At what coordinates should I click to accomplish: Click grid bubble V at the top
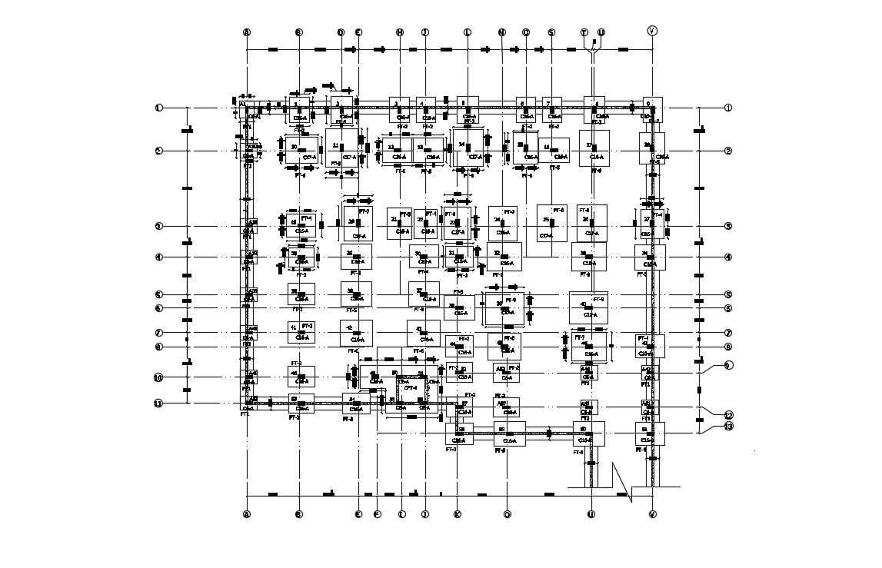[x=652, y=31]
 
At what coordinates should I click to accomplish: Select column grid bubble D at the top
[x=341, y=32]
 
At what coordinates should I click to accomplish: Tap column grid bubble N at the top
[x=502, y=32]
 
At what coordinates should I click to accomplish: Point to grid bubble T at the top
[x=584, y=32]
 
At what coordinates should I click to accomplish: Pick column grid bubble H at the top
[x=400, y=32]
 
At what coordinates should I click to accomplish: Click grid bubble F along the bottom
[x=377, y=515]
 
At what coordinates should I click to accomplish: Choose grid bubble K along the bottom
[x=457, y=515]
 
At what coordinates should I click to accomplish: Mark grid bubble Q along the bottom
[x=507, y=515]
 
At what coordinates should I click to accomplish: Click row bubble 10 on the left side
[x=158, y=378]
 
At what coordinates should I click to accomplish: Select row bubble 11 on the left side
[x=158, y=404]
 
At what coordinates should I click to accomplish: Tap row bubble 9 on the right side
[x=728, y=365]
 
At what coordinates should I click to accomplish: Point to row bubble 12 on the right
[x=728, y=415]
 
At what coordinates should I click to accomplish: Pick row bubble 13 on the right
[x=728, y=427]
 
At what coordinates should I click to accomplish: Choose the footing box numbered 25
[x=551, y=222]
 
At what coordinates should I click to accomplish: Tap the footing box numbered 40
[x=588, y=307]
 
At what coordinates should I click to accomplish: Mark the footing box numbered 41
[x=301, y=332]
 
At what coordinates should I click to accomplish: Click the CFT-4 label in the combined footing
[x=411, y=388]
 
